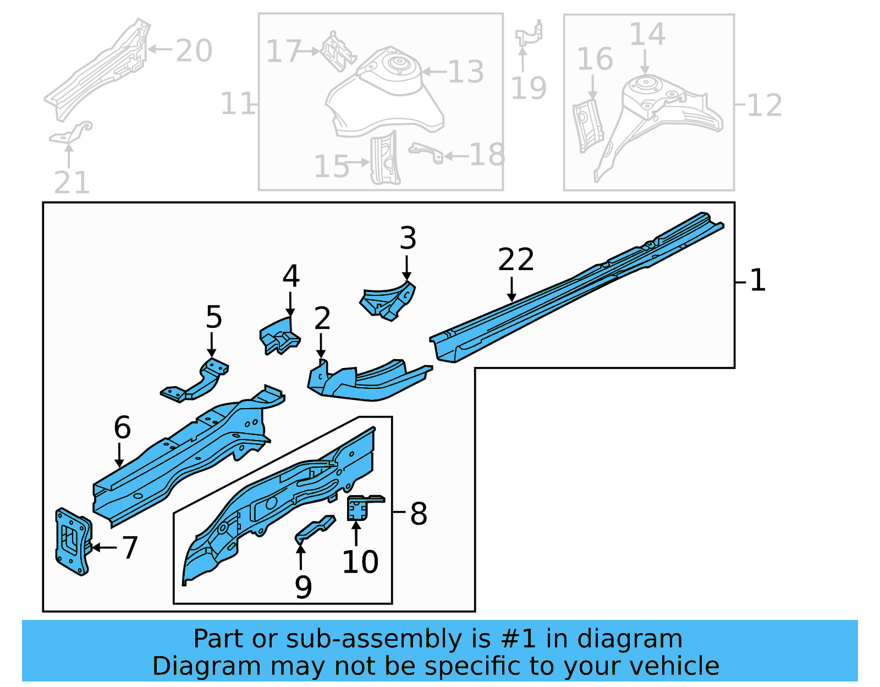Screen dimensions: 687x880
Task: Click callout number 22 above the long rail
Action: [515, 260]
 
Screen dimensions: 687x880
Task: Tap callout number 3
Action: [408, 238]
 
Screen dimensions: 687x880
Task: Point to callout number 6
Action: [122, 427]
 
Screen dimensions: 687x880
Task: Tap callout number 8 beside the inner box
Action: [419, 514]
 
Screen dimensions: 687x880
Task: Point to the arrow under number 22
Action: [512, 290]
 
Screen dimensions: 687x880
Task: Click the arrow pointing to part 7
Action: [104, 547]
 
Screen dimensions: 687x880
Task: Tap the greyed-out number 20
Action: [194, 51]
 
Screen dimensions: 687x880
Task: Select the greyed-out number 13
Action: [466, 72]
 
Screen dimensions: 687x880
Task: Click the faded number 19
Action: [529, 88]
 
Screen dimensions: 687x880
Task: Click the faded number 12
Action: [764, 105]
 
